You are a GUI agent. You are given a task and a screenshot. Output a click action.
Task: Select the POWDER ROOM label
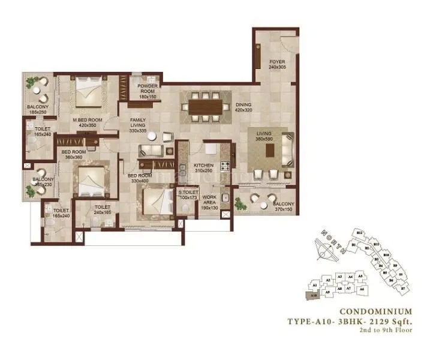(x=147, y=91)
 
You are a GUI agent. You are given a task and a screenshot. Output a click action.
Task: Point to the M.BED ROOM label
(x=88, y=123)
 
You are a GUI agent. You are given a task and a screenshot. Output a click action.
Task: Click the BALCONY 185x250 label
(x=38, y=110)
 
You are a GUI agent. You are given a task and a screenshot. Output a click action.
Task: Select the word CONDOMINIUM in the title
(x=375, y=311)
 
